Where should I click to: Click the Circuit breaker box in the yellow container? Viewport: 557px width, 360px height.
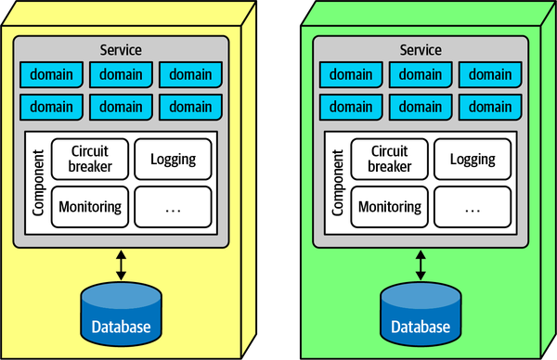click(x=89, y=159)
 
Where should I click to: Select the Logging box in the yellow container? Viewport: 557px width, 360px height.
click(x=173, y=159)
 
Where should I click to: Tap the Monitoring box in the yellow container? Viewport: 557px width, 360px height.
click(x=89, y=206)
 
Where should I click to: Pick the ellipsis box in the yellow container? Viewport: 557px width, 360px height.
click(x=173, y=206)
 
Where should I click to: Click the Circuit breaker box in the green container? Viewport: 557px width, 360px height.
click(x=389, y=159)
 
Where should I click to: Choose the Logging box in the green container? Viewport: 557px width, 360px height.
click(x=473, y=159)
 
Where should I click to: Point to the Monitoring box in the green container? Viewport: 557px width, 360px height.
click(x=389, y=206)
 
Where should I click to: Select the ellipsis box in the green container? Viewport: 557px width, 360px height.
click(x=473, y=206)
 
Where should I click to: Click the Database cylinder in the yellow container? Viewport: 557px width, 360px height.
click(x=122, y=314)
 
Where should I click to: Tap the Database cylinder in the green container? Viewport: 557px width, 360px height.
click(x=421, y=314)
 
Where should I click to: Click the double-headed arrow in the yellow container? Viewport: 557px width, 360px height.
click(x=122, y=264)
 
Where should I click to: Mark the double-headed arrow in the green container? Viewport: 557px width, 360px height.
click(x=421, y=264)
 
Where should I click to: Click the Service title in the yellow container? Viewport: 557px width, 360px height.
click(x=122, y=49)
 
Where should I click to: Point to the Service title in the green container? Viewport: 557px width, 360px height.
click(x=421, y=49)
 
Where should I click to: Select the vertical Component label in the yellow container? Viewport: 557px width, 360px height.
click(x=38, y=183)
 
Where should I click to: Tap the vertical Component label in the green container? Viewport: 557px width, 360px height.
click(x=338, y=183)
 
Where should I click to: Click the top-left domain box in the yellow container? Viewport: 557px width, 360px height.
click(x=51, y=74)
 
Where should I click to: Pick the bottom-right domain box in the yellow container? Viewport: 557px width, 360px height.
click(x=190, y=105)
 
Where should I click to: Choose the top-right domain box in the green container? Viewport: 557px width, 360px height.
click(x=490, y=74)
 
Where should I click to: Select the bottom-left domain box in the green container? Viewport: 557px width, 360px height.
click(x=351, y=105)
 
